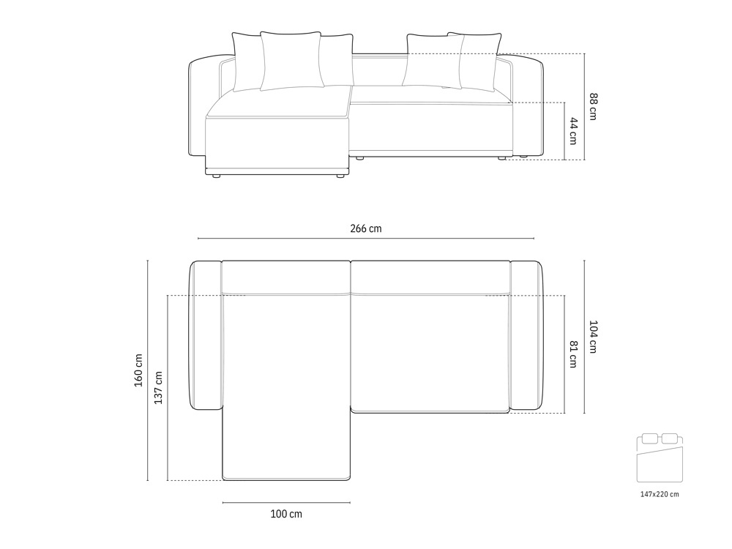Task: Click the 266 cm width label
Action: [x=365, y=228]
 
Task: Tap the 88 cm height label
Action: [x=593, y=107]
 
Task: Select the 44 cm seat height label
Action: [x=574, y=131]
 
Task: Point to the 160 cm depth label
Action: [x=138, y=370]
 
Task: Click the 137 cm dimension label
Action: [x=158, y=387]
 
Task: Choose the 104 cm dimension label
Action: [x=593, y=337]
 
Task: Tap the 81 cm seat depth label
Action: [x=574, y=355]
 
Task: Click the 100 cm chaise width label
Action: [x=286, y=514]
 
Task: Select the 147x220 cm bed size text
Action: [x=660, y=494]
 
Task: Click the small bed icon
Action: [x=660, y=457]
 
